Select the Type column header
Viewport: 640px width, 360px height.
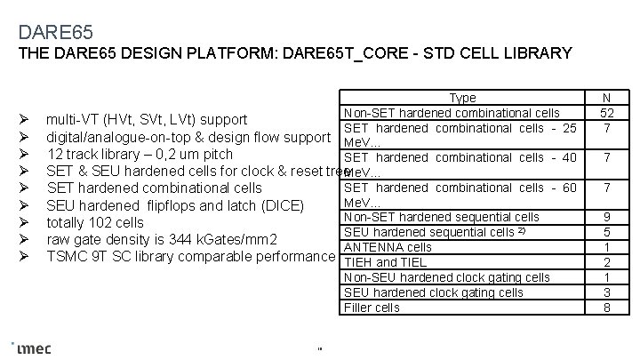click(x=462, y=98)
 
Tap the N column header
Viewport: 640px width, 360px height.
click(x=606, y=98)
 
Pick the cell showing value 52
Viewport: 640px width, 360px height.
click(x=606, y=113)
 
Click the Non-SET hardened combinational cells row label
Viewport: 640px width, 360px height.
click(x=452, y=113)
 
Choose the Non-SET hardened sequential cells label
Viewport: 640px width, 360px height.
click(x=441, y=217)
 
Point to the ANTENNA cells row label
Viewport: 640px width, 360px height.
click(x=388, y=247)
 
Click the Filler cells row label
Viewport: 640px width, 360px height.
click(x=372, y=308)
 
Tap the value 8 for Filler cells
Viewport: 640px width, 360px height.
click(x=606, y=308)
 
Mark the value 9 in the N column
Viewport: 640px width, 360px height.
click(x=606, y=217)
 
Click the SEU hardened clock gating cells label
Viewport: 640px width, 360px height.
click(x=433, y=292)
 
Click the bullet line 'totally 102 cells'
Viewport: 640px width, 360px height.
click(x=95, y=222)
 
